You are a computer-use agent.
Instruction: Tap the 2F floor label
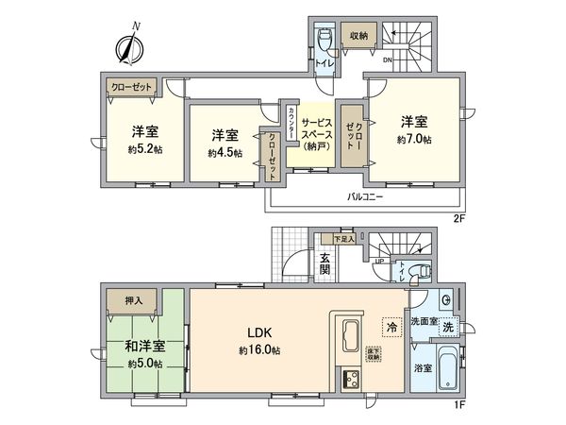pyautogui.click(x=460, y=219)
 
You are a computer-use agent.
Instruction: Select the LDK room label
pyautogui.click(x=260, y=332)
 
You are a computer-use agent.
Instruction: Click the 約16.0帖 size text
pyautogui.click(x=260, y=349)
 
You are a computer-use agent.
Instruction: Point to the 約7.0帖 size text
pyautogui.click(x=414, y=140)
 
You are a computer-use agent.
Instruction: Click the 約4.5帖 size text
pyautogui.click(x=225, y=152)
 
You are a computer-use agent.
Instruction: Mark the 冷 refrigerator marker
pyautogui.click(x=391, y=326)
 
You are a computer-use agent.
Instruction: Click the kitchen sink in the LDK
pyautogui.click(x=348, y=337)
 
